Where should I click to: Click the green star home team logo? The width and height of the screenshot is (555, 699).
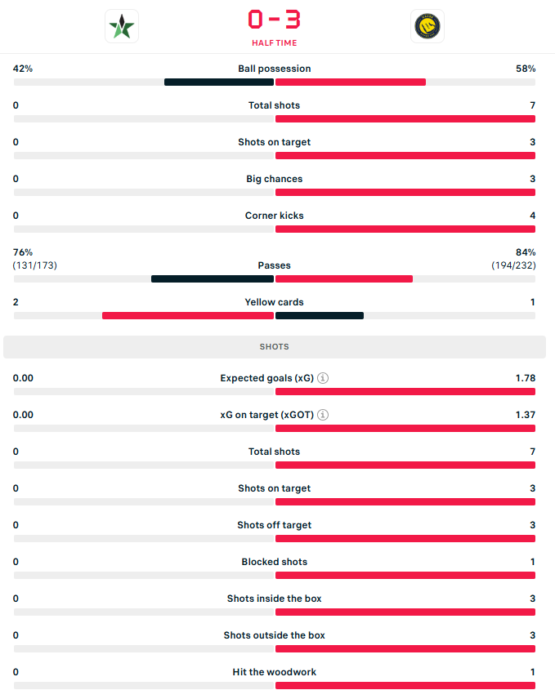[122, 26]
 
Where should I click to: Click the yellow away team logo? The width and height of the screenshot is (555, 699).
[427, 26]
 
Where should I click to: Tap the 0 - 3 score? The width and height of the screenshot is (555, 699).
[275, 19]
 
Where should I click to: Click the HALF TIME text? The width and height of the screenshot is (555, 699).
[275, 43]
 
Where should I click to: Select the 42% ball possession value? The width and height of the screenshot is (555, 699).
[23, 69]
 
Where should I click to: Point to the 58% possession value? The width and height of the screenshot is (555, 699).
[526, 69]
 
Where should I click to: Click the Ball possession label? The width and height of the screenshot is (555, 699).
[275, 69]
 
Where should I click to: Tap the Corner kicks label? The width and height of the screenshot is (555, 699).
[275, 216]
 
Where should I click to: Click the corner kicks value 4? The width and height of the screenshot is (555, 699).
[532, 216]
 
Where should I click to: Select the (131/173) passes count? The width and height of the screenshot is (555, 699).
[35, 265]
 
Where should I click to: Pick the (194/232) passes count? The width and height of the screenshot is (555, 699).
[513, 265]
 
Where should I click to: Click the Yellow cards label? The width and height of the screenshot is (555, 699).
[275, 302]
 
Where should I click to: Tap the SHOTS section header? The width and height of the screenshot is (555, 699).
[275, 347]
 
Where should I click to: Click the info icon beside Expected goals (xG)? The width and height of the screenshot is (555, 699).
[323, 378]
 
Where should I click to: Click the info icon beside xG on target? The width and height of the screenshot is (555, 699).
[323, 415]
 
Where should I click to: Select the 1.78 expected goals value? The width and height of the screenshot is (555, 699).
[526, 378]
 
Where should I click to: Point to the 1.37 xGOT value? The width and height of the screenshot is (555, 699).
[526, 415]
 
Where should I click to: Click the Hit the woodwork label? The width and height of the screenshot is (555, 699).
[275, 672]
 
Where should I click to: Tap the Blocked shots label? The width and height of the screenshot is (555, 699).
[275, 562]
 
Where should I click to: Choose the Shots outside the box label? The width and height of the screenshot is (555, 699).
[275, 635]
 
